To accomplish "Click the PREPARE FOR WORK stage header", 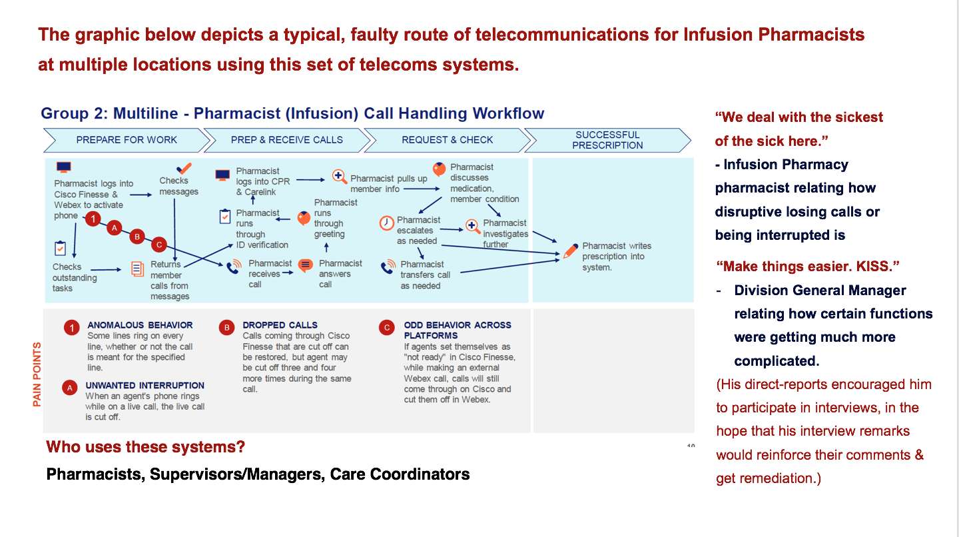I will pyautogui.click(x=127, y=140).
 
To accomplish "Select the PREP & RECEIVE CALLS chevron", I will pyautogui.click(x=286, y=140).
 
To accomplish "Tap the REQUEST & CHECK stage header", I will pyautogui.click(x=447, y=140).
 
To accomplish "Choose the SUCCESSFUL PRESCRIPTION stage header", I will pyautogui.click(x=607, y=140).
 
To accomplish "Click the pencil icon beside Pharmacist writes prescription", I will pyautogui.click(x=570, y=251).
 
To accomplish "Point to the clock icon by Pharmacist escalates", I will pyautogui.click(x=387, y=223).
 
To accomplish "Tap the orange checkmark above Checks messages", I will pyautogui.click(x=184, y=169).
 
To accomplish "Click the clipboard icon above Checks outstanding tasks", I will pyautogui.click(x=60, y=249).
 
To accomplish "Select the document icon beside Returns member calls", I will pyautogui.click(x=137, y=268).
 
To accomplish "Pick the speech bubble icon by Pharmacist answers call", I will pyautogui.click(x=305, y=266).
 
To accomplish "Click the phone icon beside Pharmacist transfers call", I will pyautogui.click(x=388, y=268).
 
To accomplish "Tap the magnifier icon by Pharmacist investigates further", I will pyautogui.click(x=473, y=227).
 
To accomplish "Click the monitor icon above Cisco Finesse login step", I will pyautogui.click(x=64, y=167).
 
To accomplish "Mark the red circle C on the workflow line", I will pyautogui.click(x=159, y=245).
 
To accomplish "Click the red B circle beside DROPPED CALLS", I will pyautogui.click(x=227, y=327).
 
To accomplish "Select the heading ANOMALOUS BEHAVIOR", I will pyautogui.click(x=140, y=325).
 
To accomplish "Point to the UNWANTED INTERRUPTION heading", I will pyautogui.click(x=145, y=385).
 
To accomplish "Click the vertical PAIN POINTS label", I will pyautogui.click(x=37, y=374).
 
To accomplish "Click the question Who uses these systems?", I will pyautogui.click(x=145, y=446).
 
